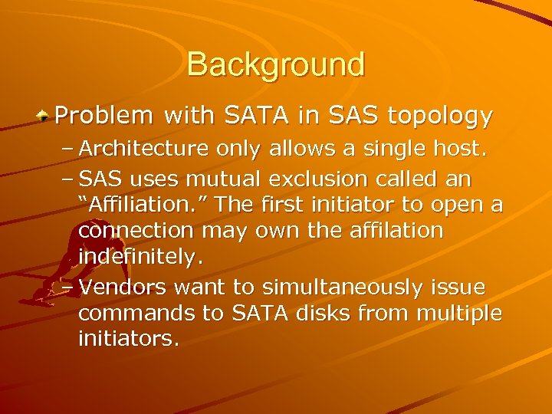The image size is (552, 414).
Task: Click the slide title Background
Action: point(276,64)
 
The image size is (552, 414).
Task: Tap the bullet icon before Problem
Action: point(45,117)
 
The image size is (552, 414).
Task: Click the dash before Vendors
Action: point(65,287)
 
